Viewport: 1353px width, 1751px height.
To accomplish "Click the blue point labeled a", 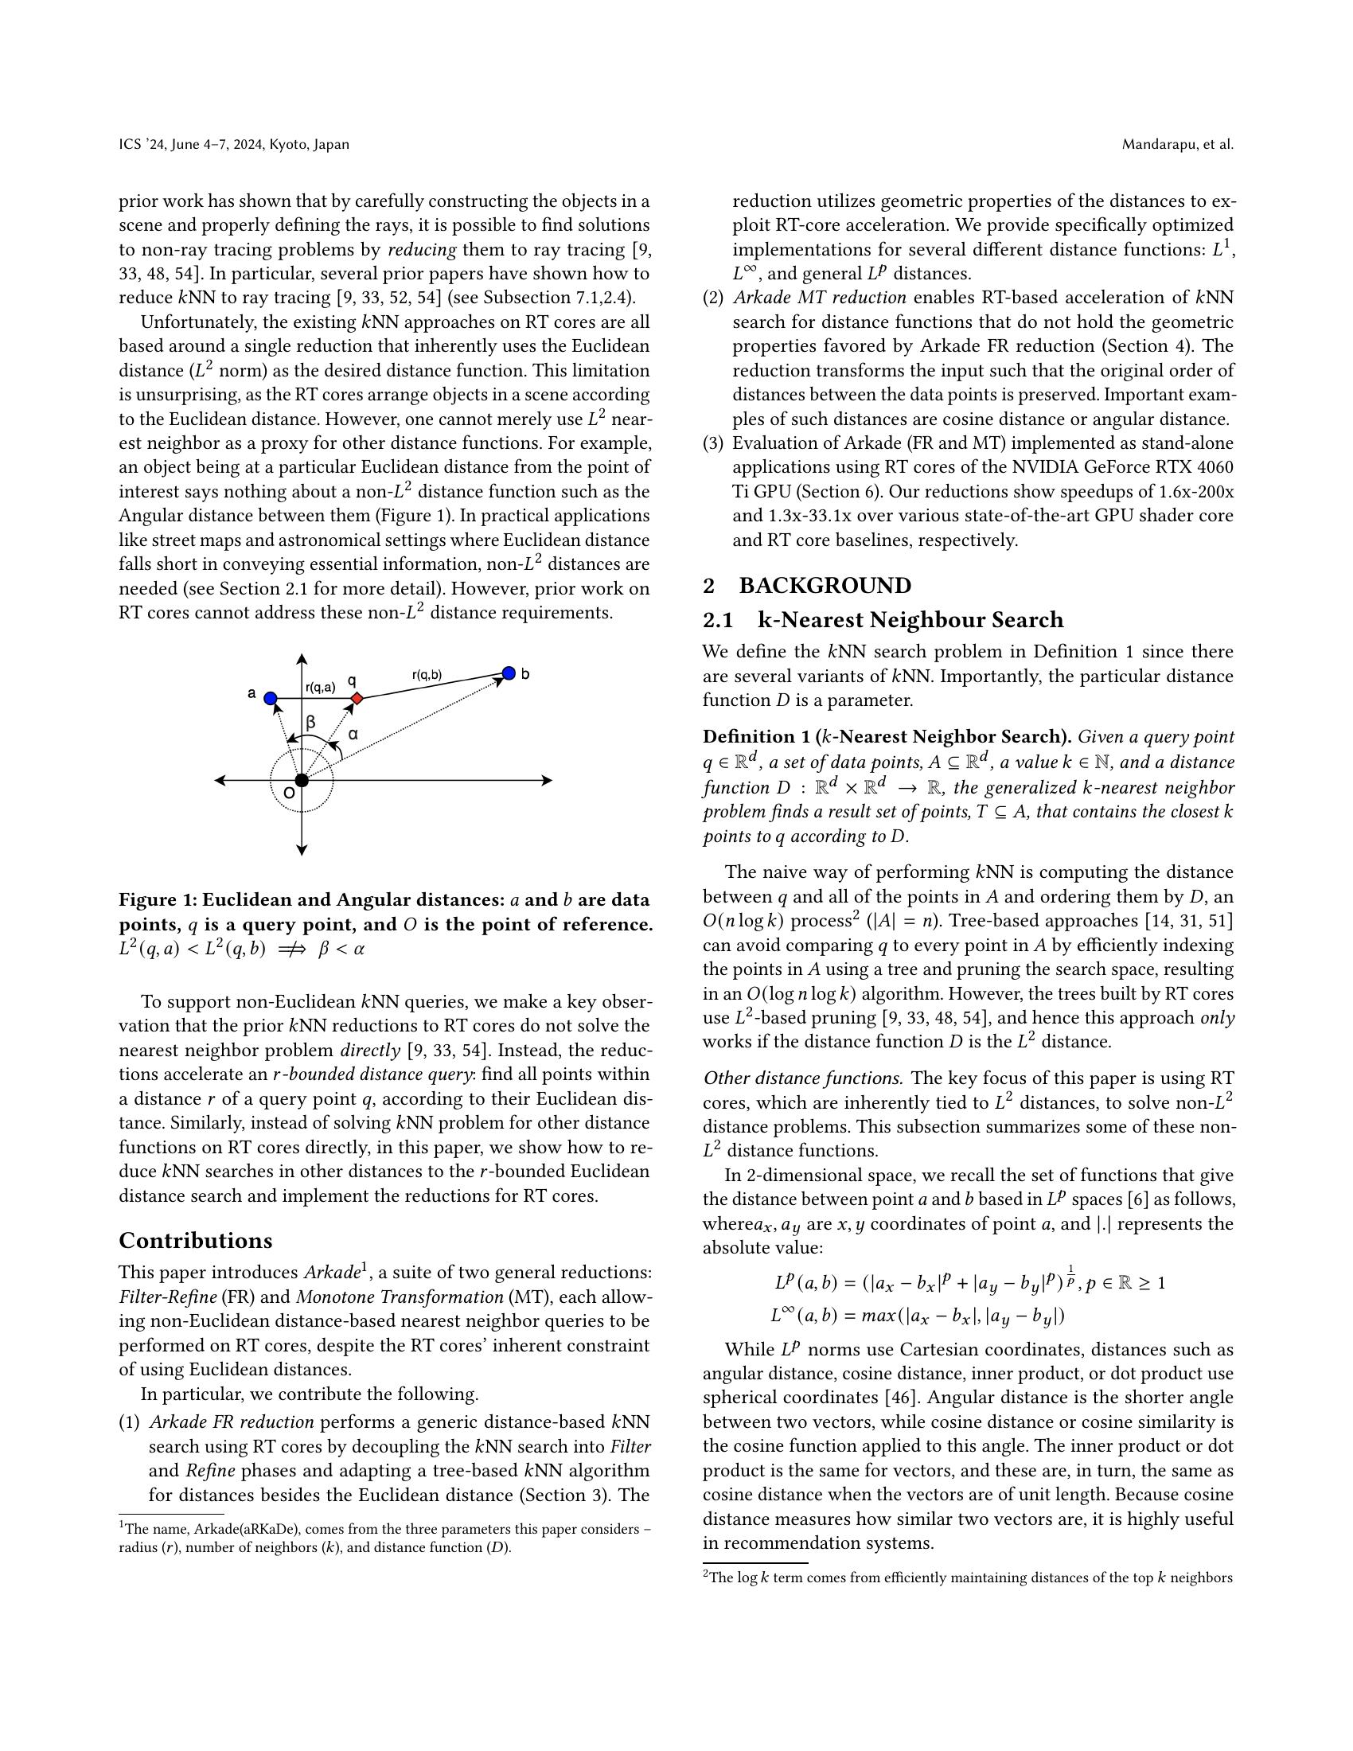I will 271,698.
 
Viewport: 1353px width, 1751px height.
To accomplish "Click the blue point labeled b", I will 509,673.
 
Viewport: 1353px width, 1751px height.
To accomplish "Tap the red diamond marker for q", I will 357,699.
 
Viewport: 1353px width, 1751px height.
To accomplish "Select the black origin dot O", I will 302,780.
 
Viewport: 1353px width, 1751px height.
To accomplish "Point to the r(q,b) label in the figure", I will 427,675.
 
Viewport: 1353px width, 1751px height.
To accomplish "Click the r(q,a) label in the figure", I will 320,686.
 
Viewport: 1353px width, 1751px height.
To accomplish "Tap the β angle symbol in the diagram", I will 311,723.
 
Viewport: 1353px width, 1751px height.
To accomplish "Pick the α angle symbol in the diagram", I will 353,734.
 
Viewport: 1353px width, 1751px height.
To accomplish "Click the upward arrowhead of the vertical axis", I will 302,659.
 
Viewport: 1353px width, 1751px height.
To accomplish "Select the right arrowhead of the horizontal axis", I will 548,780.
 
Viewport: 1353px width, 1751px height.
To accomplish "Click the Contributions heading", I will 196,1240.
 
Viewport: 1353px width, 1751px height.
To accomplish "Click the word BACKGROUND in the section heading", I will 825,585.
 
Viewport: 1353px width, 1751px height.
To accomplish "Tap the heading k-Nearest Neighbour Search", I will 910,620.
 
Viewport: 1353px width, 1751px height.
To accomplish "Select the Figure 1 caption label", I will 156,899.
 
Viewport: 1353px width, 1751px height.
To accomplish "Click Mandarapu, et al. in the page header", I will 1176,144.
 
